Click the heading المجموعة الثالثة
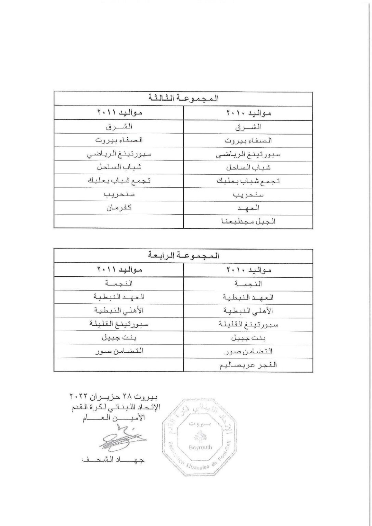[x=183, y=99]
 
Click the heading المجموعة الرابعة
[x=183, y=256]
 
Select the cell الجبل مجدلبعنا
[x=249, y=222]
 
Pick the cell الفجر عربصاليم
[x=249, y=365]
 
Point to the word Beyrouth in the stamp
[x=200, y=447]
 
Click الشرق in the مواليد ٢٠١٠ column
[x=249, y=127]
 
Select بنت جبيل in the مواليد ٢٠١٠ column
[x=249, y=338]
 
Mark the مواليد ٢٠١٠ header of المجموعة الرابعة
[x=249, y=270]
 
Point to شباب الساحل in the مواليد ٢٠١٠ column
[x=249, y=168]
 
